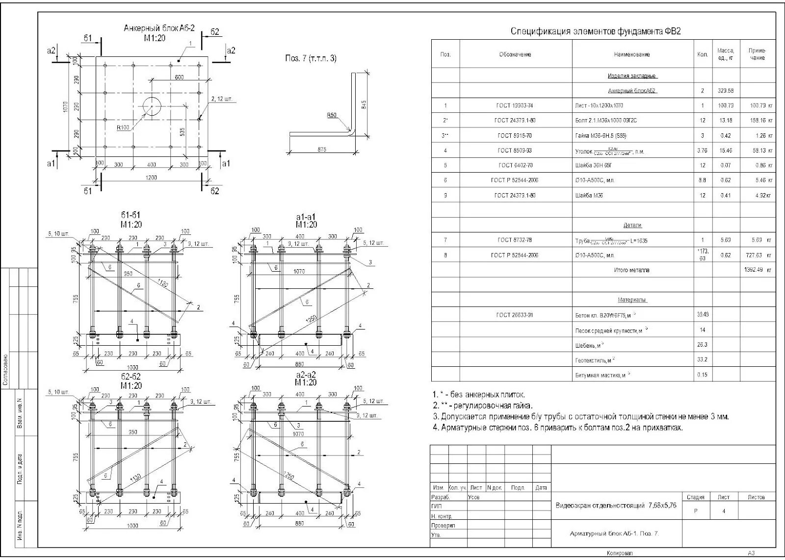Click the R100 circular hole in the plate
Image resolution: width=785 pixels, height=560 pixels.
[152, 106]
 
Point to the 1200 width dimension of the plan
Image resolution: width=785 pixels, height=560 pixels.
[152, 178]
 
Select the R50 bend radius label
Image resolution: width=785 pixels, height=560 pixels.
[332, 115]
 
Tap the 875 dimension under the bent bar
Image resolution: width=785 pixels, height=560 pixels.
[321, 150]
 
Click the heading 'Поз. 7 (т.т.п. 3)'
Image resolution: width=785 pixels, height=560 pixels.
[311, 58]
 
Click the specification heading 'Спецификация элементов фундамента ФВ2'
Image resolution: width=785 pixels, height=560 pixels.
[596, 32]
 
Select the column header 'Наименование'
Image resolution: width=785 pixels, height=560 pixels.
[631, 54]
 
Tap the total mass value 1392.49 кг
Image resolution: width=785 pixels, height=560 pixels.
[758, 270]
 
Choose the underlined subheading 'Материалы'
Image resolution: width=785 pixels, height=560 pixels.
[631, 300]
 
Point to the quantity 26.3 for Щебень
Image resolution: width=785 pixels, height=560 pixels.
[702, 345]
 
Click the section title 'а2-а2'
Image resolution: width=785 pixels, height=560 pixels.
[306, 375]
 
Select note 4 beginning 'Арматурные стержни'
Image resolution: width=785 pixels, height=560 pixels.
[557, 428]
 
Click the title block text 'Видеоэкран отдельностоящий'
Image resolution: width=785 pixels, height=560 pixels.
[615, 505]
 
